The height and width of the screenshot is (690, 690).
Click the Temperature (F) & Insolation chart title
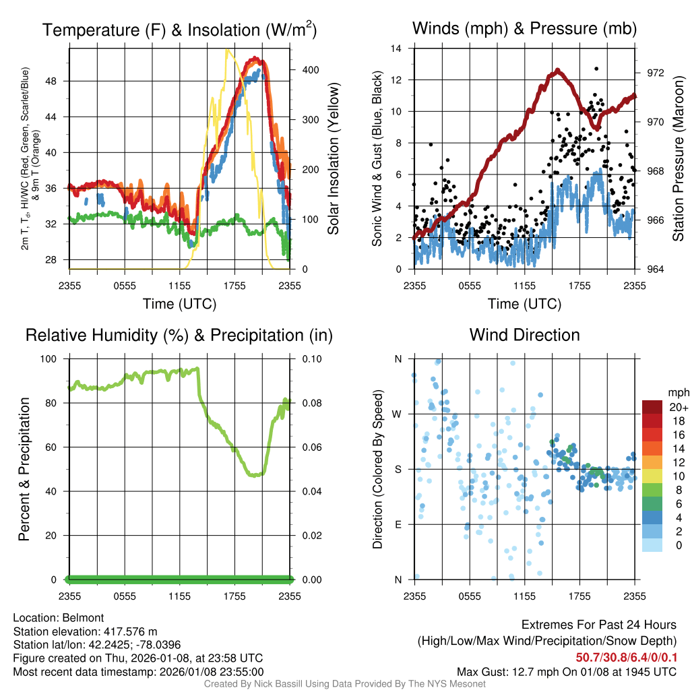pyautogui.click(x=179, y=30)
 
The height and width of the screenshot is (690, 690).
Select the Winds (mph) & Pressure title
pyautogui.click(x=524, y=28)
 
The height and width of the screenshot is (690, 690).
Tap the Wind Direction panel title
pyautogui.click(x=524, y=334)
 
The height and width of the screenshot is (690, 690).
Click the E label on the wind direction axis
pyautogui.click(x=398, y=524)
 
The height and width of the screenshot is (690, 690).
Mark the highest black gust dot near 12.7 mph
pyautogui.click(x=596, y=69)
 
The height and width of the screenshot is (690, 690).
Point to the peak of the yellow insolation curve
pyautogui.click(x=228, y=50)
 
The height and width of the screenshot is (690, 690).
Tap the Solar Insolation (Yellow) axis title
pyautogui.click(x=333, y=159)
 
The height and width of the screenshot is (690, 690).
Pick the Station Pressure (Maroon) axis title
pyautogui.click(x=677, y=159)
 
